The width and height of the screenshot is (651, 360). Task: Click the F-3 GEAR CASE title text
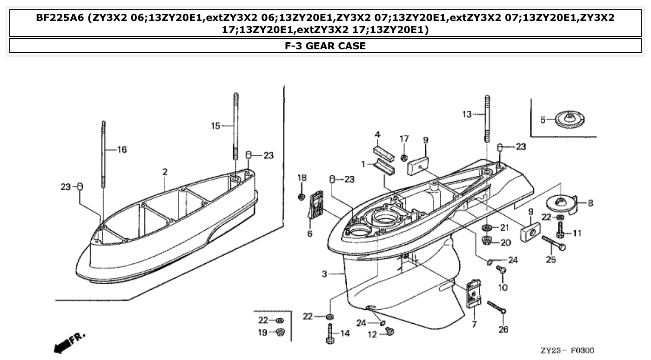[x=325, y=46]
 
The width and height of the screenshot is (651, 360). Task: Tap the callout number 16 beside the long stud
[x=121, y=150]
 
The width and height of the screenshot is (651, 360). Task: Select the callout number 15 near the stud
[x=215, y=126]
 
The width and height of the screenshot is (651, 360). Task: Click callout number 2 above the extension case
[x=165, y=172]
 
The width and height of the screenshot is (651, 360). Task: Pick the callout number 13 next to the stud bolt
[x=467, y=114]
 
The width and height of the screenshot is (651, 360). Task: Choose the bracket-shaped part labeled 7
[x=473, y=293]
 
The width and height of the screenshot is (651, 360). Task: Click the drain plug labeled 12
[x=389, y=331]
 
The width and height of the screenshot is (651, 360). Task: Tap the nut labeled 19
[x=280, y=332]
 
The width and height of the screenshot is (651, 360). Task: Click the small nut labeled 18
[x=302, y=197]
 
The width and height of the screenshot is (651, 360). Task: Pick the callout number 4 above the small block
[x=378, y=135]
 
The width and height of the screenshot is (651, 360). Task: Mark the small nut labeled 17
[x=404, y=155]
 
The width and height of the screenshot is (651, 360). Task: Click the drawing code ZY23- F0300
[x=567, y=350]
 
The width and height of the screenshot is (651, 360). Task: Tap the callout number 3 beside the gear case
[x=325, y=274]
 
